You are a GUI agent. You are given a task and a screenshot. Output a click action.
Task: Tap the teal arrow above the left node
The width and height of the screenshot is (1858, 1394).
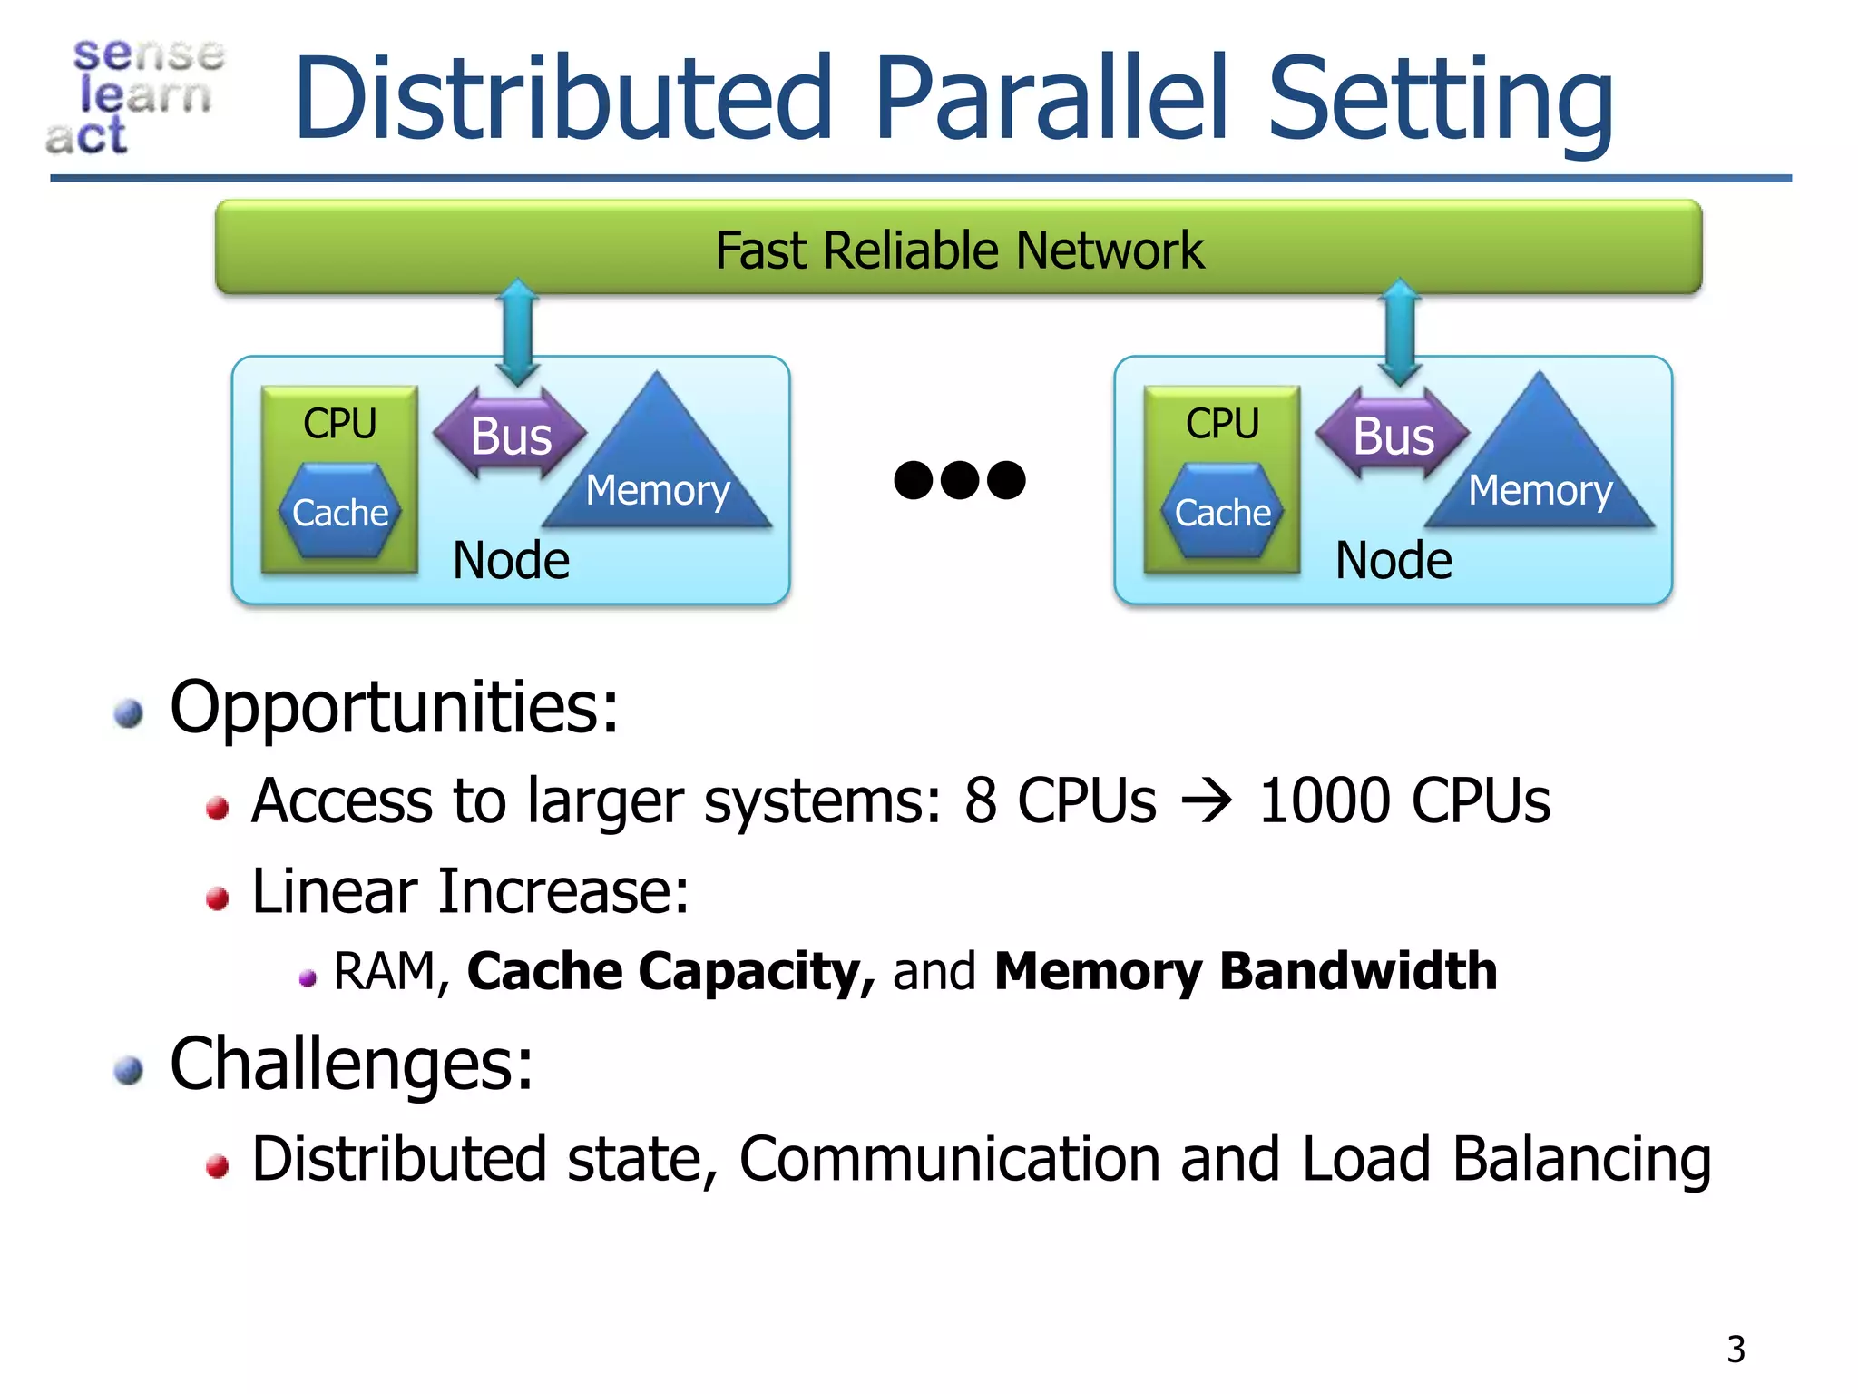[518, 331]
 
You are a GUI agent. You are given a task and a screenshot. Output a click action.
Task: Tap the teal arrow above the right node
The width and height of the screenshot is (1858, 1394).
[1400, 331]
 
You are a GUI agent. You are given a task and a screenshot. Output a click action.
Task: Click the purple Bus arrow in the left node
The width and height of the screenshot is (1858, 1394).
[510, 435]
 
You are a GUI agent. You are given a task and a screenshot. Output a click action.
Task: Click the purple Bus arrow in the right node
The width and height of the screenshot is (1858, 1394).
[1393, 435]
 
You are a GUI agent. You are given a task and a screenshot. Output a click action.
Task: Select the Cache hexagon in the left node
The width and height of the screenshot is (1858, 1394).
[339, 512]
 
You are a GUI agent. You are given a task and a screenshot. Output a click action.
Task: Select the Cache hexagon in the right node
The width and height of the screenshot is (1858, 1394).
[1222, 512]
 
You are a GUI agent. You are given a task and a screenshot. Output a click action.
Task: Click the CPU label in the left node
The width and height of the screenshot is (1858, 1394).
[339, 423]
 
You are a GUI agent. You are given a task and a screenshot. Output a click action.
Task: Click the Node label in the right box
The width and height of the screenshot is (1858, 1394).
[1393, 560]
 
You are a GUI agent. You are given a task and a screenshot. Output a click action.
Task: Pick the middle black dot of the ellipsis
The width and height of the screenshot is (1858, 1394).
[960, 480]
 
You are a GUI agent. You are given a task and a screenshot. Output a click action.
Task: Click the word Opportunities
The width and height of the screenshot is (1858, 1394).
[394, 708]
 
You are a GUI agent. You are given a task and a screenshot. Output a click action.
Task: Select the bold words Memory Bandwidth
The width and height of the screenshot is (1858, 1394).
[1245, 971]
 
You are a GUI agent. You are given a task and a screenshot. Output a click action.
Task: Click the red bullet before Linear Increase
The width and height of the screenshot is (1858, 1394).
[217, 898]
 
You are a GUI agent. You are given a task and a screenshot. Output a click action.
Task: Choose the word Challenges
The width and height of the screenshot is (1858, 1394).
[351, 1065]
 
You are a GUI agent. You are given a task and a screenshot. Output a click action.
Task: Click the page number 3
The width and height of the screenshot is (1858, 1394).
[1736, 1350]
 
